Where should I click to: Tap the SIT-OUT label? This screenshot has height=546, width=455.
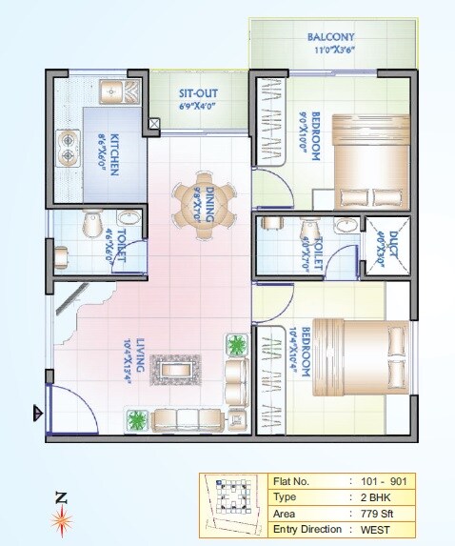click(199, 93)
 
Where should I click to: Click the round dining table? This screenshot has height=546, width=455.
click(203, 201)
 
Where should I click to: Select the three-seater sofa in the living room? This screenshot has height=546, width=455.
click(191, 418)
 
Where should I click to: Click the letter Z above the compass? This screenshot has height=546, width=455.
click(62, 496)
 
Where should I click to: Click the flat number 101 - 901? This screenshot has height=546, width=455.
click(384, 481)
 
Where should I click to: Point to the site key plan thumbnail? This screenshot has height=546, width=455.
click(232, 503)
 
